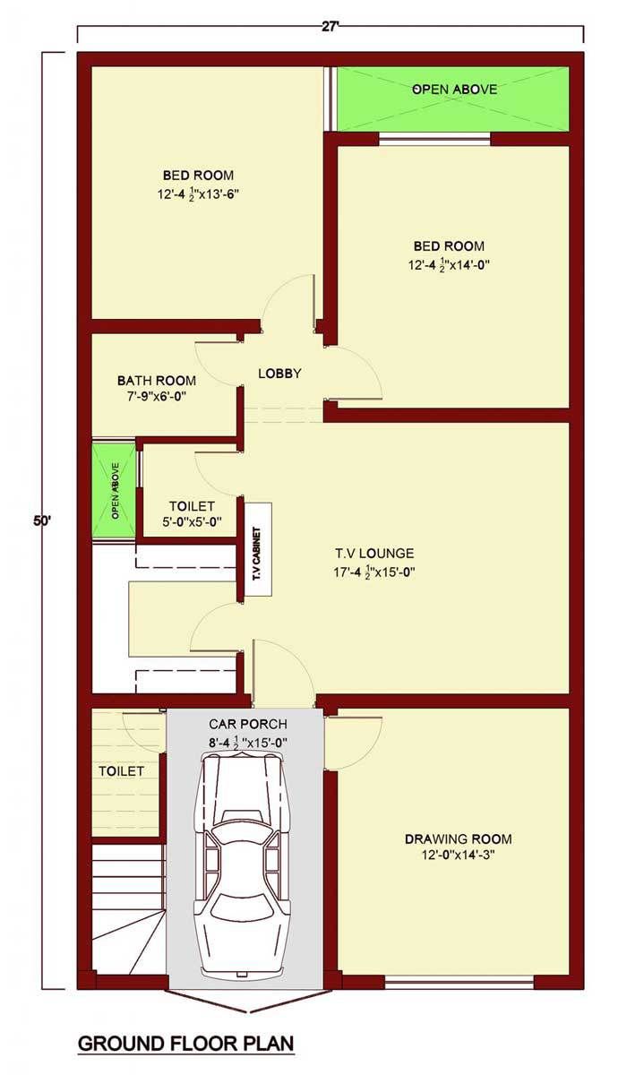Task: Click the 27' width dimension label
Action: (330, 28)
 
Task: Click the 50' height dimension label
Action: (42, 520)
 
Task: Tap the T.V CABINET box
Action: (259, 549)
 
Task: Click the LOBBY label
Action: (279, 374)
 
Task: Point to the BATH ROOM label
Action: (157, 381)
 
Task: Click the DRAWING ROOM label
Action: (459, 839)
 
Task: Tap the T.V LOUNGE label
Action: (374, 554)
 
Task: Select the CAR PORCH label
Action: (247, 724)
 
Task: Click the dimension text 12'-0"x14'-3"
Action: (459, 856)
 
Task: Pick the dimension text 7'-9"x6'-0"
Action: (154, 396)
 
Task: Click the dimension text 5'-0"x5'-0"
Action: (192, 521)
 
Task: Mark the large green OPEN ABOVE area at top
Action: (453, 99)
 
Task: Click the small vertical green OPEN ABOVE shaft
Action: (115, 491)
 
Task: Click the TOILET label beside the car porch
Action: (122, 771)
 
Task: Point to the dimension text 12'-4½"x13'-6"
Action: (198, 194)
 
